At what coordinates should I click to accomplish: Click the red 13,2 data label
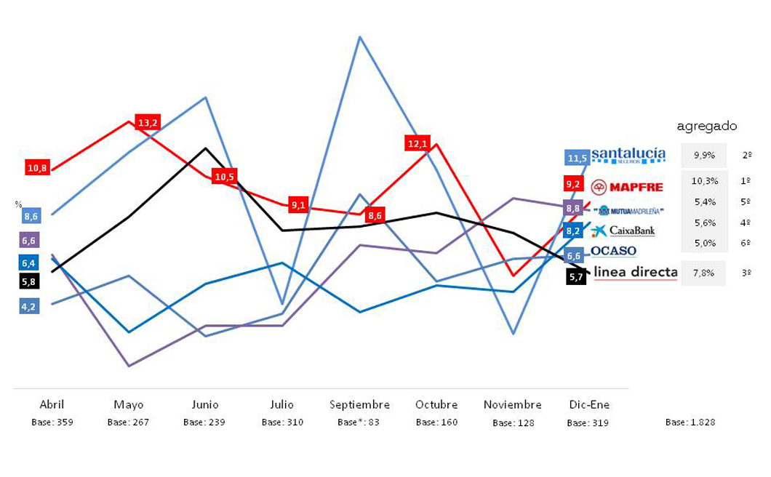click(148, 122)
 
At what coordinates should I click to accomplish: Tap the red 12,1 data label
click(418, 143)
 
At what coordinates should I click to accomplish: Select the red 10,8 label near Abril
click(37, 168)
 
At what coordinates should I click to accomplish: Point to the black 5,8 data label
click(29, 281)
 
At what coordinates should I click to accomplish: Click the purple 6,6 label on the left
click(29, 241)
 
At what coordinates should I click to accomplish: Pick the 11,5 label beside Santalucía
click(578, 158)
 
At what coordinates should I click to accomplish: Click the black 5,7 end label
click(576, 277)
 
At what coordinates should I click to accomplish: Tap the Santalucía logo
click(628, 155)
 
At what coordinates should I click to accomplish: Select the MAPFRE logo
click(627, 187)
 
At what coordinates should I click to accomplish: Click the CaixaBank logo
click(623, 231)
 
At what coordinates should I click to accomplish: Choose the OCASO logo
click(613, 251)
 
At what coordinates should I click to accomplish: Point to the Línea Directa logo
click(636, 273)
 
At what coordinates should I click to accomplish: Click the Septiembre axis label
click(359, 404)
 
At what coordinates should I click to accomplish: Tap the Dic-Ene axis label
click(588, 404)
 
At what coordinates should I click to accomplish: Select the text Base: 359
click(52, 422)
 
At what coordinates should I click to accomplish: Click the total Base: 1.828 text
click(690, 422)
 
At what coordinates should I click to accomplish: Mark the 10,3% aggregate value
click(704, 181)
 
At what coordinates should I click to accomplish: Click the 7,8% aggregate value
click(704, 273)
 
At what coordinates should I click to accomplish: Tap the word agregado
click(706, 126)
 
